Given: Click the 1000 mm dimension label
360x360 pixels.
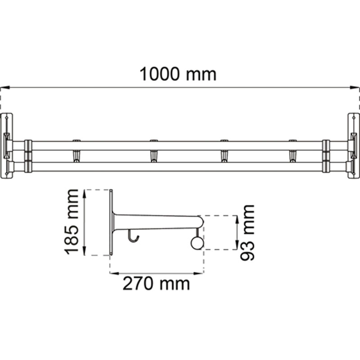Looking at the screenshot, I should click(178, 74).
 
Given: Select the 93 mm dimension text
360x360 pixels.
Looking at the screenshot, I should click(247, 232).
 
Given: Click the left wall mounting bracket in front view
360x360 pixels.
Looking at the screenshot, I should click(7, 146).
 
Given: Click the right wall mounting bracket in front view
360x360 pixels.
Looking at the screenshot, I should click(353, 146).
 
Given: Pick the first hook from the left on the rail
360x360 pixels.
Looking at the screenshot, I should click(76, 151).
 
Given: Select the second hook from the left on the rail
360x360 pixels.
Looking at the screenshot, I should click(154, 151).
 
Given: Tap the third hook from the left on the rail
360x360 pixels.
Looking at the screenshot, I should click(224, 151).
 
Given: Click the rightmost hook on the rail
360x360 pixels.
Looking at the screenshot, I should click(292, 151).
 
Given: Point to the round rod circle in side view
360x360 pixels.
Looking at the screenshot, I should click(197, 243).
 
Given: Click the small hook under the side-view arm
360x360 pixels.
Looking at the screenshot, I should click(132, 237).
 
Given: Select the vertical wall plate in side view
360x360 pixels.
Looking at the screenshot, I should click(111, 223).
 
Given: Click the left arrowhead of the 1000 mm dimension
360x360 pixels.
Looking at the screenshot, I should click(3, 87).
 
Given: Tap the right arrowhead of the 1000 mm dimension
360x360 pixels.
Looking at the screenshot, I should click(357, 87).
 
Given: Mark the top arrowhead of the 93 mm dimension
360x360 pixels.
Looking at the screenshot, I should click(236, 218).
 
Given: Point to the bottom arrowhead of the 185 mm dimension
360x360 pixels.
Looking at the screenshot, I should click(84, 252).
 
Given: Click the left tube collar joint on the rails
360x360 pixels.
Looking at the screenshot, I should click(28, 156).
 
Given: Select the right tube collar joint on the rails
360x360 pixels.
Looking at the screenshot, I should click(326, 156).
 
